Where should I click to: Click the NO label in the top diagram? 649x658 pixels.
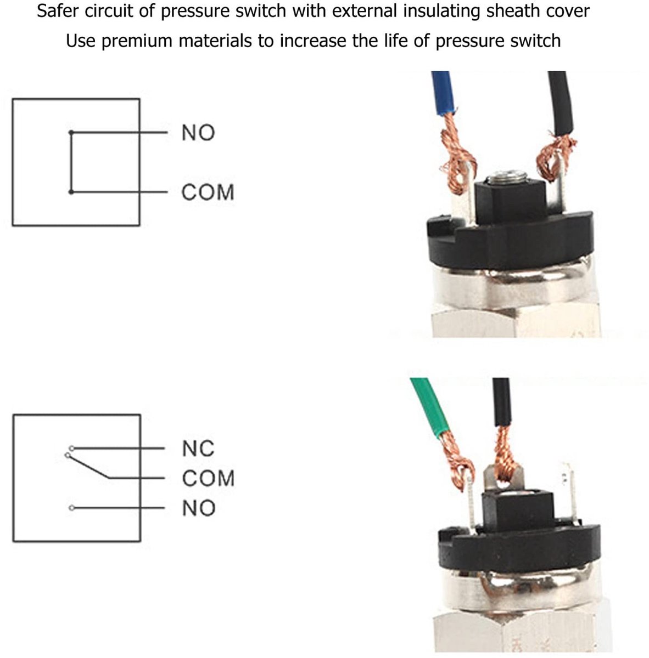(x=198, y=133)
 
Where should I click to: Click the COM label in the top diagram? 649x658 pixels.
(x=208, y=192)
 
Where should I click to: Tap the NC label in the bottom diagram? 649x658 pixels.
(x=198, y=449)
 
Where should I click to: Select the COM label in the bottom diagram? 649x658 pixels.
(x=208, y=478)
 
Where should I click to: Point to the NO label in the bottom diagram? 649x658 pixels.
(x=199, y=508)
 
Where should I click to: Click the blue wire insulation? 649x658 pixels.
(x=443, y=92)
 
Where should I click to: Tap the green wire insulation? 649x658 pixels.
(x=430, y=407)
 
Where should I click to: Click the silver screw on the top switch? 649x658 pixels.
(x=507, y=177)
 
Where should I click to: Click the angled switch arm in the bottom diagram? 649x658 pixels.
(x=87, y=467)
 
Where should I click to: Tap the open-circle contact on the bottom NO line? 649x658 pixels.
(x=71, y=508)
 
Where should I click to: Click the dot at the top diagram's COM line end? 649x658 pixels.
(x=71, y=192)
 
